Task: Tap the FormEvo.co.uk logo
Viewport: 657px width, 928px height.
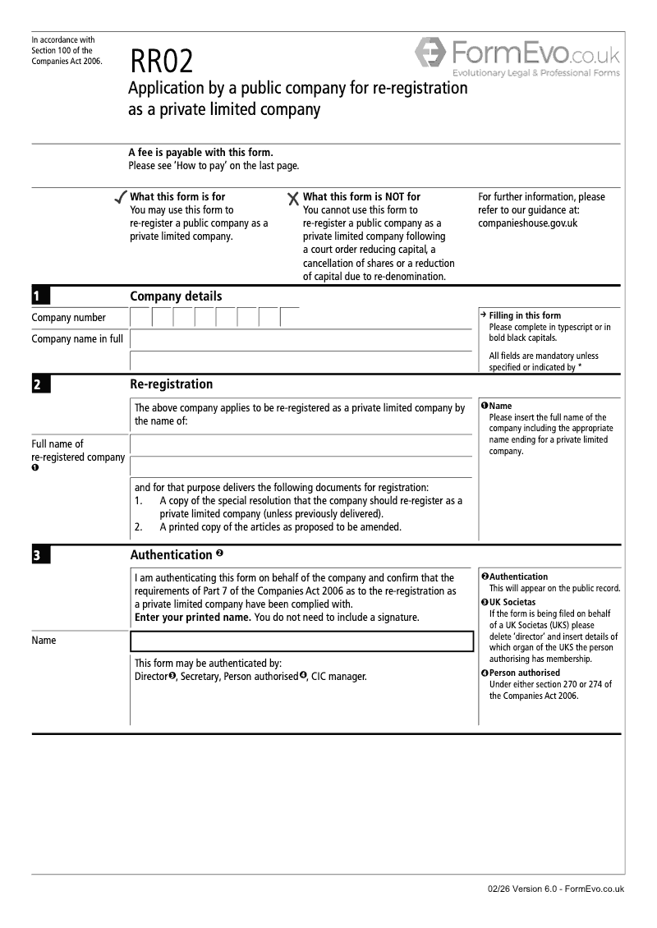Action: (x=517, y=57)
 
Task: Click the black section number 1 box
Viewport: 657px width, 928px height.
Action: (x=41, y=296)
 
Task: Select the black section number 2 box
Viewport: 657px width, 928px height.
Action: (x=41, y=384)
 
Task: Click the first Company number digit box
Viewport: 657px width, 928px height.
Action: (x=141, y=318)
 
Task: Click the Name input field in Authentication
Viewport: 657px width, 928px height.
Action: (x=301, y=641)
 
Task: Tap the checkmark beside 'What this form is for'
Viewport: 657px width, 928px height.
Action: (x=121, y=198)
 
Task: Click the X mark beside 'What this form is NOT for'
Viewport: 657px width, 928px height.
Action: (x=293, y=199)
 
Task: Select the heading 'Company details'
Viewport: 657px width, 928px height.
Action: (x=176, y=296)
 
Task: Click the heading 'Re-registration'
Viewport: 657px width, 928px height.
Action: (x=171, y=384)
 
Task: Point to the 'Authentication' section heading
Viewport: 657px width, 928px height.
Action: (x=171, y=555)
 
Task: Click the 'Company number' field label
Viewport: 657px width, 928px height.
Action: (x=68, y=318)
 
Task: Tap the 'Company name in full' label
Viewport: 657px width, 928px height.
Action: (x=77, y=338)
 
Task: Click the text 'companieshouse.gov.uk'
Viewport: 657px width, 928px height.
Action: (x=527, y=223)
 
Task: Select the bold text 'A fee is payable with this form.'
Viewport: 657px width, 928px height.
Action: (x=200, y=152)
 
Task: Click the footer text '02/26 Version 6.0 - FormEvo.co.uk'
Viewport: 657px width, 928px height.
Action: (x=555, y=889)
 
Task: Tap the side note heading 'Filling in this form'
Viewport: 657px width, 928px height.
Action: (x=525, y=315)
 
